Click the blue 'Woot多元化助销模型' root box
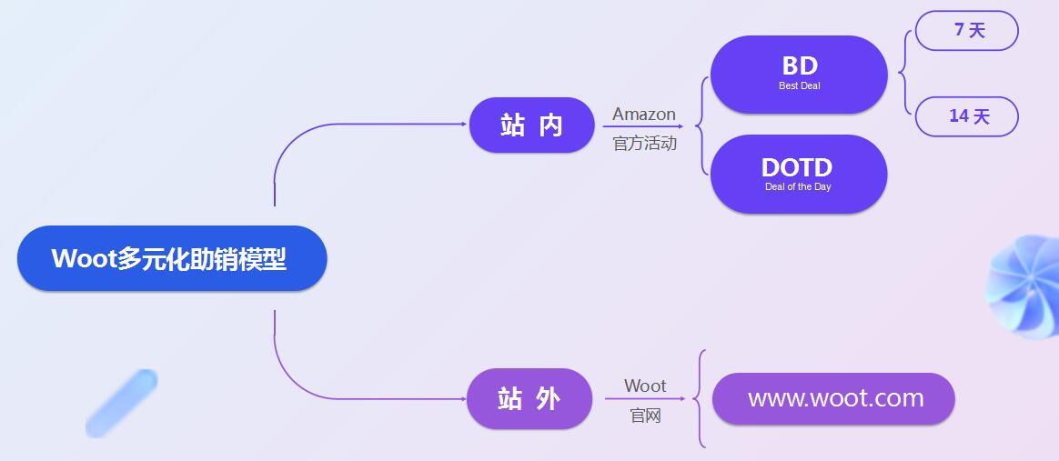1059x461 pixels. [x=172, y=259]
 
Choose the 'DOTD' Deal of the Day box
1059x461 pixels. [x=798, y=174]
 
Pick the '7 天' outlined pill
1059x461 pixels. [x=966, y=31]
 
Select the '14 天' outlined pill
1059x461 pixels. [x=966, y=116]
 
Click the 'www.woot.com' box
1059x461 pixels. [x=833, y=398]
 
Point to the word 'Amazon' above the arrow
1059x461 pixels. [x=644, y=115]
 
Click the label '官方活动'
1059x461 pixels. [x=644, y=144]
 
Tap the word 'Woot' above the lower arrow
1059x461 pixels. [x=645, y=386]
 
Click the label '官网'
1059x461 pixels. [x=645, y=416]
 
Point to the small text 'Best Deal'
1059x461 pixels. [x=799, y=86]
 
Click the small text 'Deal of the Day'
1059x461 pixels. [x=798, y=187]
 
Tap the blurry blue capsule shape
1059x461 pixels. [x=122, y=402]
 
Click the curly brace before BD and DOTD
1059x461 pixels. [x=701, y=125]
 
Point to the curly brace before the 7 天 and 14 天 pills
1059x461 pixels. [x=903, y=73]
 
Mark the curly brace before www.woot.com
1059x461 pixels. [x=699, y=398]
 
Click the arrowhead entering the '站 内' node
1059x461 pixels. [x=464, y=125]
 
